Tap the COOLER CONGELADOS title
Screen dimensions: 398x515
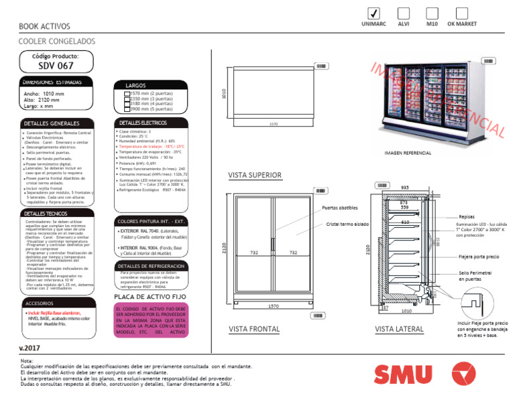(x=57, y=42)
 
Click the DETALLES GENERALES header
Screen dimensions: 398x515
(x=52, y=124)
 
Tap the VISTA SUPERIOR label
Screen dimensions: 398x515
(x=255, y=176)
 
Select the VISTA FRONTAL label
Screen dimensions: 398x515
(x=254, y=329)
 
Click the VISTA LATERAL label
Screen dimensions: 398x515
(x=399, y=329)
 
